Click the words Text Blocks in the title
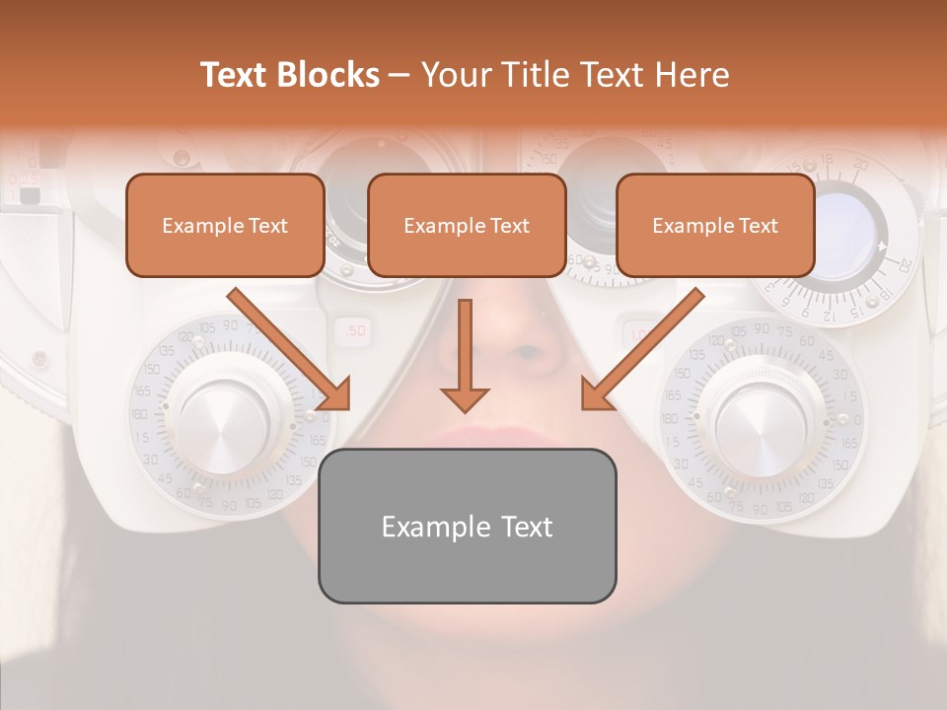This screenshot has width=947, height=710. point(290,75)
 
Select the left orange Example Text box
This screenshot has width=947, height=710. point(225,225)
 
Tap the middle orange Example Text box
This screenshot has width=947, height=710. point(467,225)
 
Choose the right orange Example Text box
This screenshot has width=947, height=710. point(715,225)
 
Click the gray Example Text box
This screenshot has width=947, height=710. point(467,526)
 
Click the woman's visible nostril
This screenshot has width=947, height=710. point(530,353)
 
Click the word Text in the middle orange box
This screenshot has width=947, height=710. point(509,226)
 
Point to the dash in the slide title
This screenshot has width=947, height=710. point(400,76)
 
